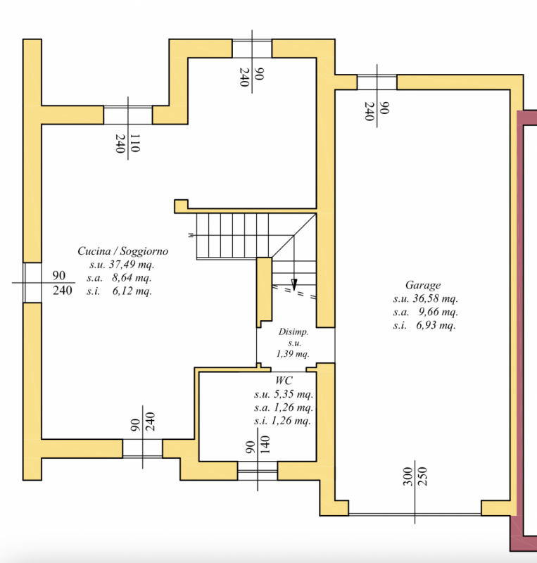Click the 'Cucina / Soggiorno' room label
click(x=123, y=251)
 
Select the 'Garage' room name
click(x=423, y=285)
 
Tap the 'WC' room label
click(x=284, y=381)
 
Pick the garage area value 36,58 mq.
click(x=431, y=298)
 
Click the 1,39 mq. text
click(x=293, y=354)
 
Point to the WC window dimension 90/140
click(x=257, y=447)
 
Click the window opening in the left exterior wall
click(x=33, y=283)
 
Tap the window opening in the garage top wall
click(x=377, y=82)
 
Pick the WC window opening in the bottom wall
click(x=257, y=471)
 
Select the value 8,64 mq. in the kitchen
click(x=128, y=278)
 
